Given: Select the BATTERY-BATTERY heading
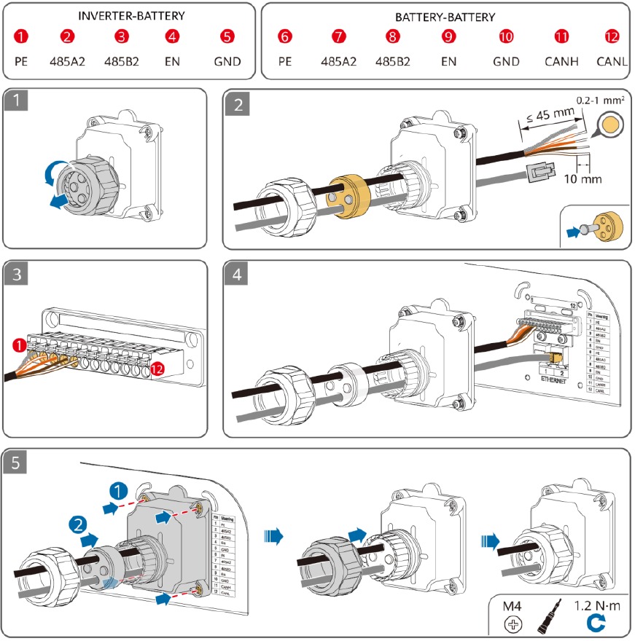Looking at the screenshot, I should coord(445,15).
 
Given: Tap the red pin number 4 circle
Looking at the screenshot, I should coord(172,36).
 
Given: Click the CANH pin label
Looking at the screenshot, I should coord(561,61).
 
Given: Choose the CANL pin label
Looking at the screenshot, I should coord(612,61).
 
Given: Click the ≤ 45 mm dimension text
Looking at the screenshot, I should coord(545,113).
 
